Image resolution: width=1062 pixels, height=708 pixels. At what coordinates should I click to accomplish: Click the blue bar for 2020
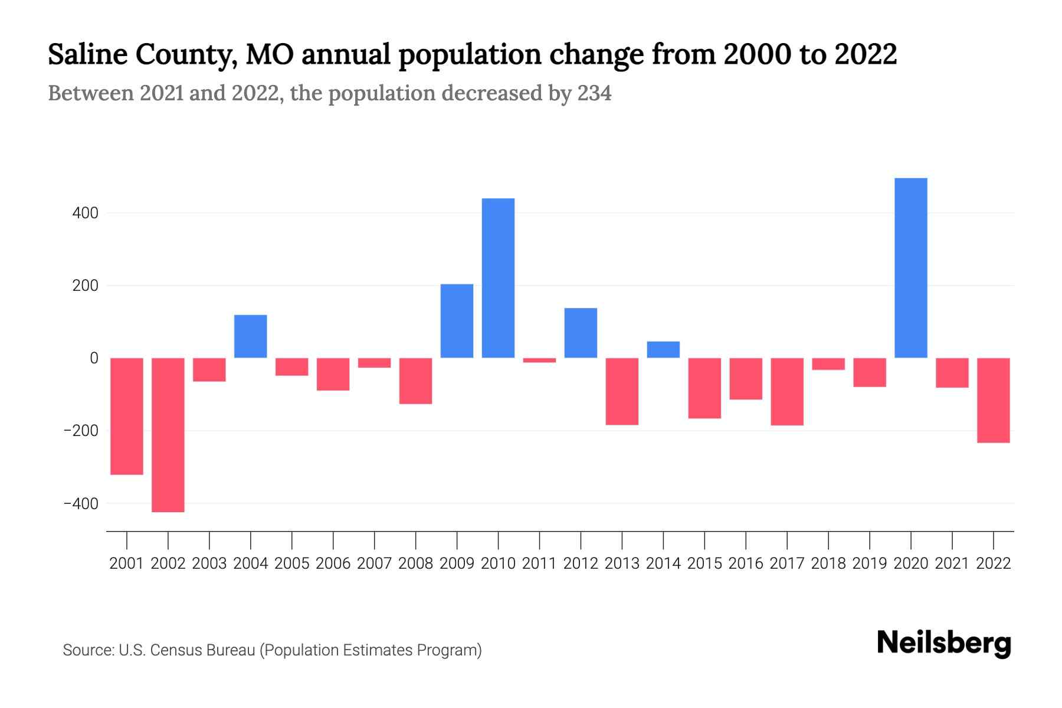pos(910,268)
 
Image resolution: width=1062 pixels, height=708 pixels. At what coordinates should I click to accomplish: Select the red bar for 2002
pos(168,435)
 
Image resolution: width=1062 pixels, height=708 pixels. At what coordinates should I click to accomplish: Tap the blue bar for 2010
pos(498,278)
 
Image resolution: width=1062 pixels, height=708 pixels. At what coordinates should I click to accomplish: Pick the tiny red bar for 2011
pos(539,360)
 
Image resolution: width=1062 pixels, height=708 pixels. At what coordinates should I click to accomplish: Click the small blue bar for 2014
pos(663,350)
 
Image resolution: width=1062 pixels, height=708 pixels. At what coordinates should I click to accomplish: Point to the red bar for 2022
pos(993,400)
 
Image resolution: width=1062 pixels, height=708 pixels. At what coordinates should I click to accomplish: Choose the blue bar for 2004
pos(251,336)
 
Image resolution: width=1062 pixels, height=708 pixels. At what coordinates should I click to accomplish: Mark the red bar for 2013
pos(622,391)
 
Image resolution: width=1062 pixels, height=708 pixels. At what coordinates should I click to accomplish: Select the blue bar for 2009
pos(457,321)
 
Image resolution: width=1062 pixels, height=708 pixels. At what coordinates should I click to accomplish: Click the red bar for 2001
pos(127,416)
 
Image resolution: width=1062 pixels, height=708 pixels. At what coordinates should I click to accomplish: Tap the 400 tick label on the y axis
pos(85,213)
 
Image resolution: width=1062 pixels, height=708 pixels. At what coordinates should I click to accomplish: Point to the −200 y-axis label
pos(81,431)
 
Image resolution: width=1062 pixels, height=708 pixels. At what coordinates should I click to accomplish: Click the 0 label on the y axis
pos(94,358)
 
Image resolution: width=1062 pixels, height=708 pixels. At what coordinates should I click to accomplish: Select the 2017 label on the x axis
pos(786,563)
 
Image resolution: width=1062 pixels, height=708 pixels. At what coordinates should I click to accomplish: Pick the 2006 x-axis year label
pos(333,563)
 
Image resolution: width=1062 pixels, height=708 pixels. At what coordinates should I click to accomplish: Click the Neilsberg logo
pos(944,643)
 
